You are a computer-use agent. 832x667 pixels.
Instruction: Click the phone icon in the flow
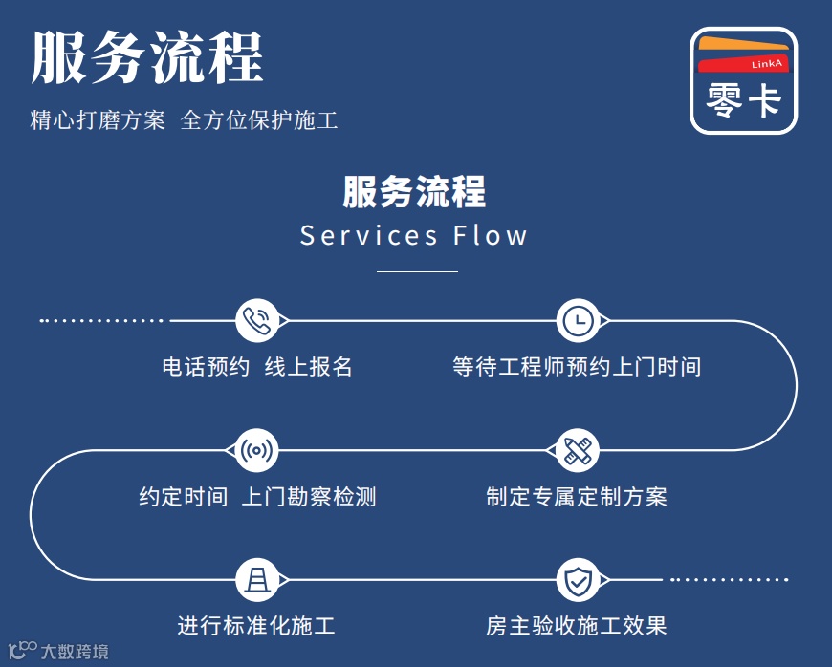coord(256,321)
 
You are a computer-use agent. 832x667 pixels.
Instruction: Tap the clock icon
coord(578,321)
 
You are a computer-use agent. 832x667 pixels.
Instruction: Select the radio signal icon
coord(256,450)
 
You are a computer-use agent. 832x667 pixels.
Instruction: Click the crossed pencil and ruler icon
coord(578,450)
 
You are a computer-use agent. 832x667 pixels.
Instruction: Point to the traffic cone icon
coord(256,579)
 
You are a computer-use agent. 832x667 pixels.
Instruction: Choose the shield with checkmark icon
coord(578,579)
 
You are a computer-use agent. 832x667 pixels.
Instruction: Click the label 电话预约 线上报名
coord(257,367)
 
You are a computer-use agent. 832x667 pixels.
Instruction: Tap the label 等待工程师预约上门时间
coord(577,367)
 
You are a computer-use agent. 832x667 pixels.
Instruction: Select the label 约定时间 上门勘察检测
coord(257,497)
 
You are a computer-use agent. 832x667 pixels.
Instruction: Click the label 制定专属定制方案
coord(577,497)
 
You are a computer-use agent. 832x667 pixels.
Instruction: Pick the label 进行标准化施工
coord(256,627)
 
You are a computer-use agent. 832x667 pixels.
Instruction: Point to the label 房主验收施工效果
coord(577,627)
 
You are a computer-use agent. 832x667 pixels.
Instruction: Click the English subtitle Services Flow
coord(414,235)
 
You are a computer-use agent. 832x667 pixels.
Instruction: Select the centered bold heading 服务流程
coord(414,191)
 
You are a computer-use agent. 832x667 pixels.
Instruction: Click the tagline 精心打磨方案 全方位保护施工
coord(184,120)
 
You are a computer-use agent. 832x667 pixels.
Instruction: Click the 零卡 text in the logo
coord(743,99)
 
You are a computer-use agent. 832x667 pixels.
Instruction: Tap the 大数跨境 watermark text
coord(74,652)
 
